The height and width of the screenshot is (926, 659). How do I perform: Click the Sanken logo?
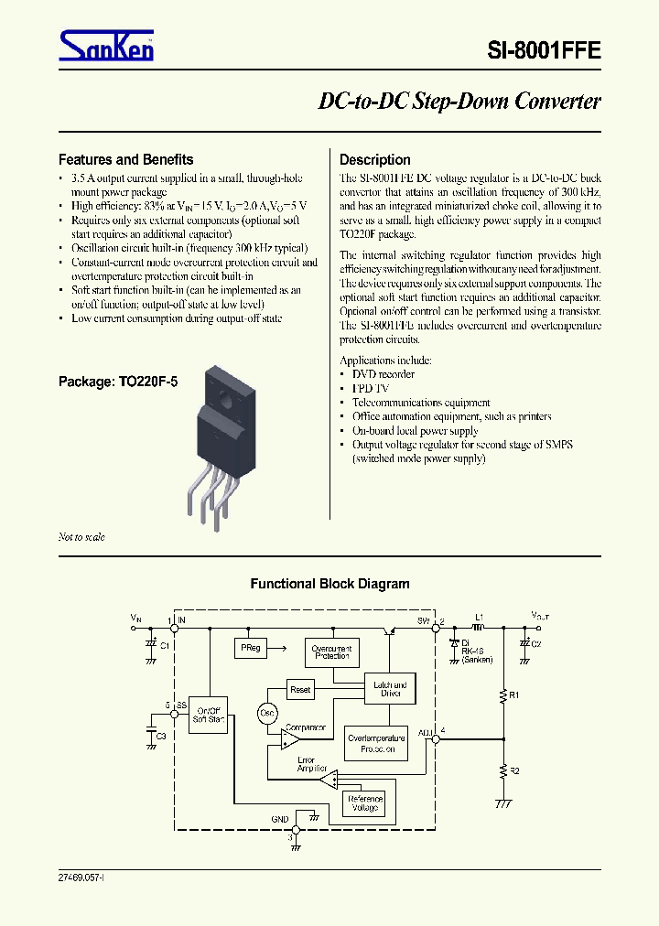coord(106,45)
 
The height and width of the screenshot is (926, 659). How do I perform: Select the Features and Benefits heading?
coord(125,159)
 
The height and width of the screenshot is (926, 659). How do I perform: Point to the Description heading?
coord(374,159)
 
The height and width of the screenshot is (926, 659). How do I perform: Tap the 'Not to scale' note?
coord(81,537)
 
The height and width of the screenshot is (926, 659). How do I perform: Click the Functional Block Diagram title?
coord(329,584)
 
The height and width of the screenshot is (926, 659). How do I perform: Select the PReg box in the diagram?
coord(250,648)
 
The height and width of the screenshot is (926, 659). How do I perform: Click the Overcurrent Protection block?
coord(331,652)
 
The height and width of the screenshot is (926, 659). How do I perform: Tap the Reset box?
coord(299,689)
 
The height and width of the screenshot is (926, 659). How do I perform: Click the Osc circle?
coord(267,713)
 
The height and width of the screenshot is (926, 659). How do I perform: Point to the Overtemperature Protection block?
coord(376,743)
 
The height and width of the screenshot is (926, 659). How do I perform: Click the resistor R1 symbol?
coord(502,696)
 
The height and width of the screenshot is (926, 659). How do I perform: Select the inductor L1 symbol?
coord(479,628)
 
